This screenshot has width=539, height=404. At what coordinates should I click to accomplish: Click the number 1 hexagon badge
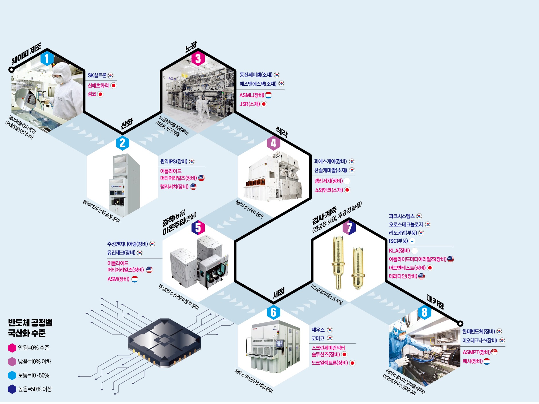point(47,59)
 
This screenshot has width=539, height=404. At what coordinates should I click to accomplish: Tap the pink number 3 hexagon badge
point(198,59)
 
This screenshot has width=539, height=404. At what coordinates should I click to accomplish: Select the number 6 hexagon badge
point(273,312)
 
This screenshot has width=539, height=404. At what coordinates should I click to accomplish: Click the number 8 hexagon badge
point(424,312)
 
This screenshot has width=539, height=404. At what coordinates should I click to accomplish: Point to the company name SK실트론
point(97,75)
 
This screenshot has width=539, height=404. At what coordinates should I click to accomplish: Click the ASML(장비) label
point(252,95)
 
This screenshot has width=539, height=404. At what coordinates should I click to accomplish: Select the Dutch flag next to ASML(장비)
point(268,95)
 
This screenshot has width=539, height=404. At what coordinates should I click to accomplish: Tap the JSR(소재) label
point(249,104)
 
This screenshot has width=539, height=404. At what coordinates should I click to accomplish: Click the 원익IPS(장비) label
point(174,162)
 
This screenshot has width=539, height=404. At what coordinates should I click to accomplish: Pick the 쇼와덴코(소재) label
point(329,190)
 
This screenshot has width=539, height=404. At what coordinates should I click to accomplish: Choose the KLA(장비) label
point(399,251)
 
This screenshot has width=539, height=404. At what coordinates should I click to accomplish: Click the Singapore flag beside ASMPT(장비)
point(494,352)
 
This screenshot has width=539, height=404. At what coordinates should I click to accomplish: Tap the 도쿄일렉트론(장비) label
point(330,363)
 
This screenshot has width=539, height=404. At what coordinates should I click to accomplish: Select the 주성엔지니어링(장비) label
point(128,244)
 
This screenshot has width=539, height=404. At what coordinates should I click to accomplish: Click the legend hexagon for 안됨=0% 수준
point(12,348)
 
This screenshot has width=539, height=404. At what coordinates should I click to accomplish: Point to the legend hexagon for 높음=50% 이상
point(12,389)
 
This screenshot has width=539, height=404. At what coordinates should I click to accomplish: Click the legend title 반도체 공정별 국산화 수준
point(30,328)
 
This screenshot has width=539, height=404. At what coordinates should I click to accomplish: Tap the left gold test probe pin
point(338,263)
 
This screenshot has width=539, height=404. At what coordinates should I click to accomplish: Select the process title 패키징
point(435,302)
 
